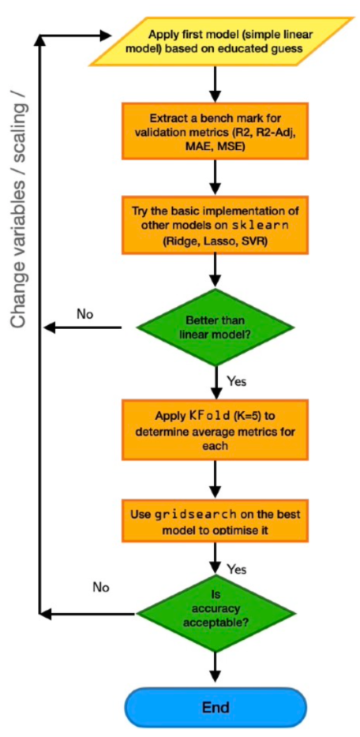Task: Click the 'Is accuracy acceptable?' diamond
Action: [x=215, y=612]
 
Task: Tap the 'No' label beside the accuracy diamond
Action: [x=100, y=587]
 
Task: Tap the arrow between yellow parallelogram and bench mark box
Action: [x=215, y=81]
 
